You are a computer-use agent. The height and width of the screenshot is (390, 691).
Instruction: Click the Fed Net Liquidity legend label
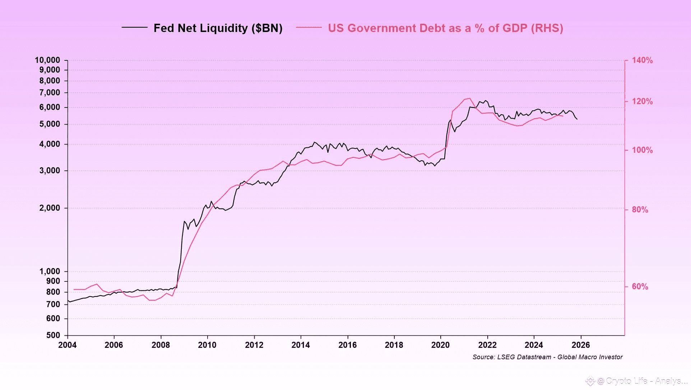[218, 28]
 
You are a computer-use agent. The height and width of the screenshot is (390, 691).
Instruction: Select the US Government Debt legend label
[445, 28]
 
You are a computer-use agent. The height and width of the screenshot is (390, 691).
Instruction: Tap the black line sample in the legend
[135, 27]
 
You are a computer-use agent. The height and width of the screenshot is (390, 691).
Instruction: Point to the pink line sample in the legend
[309, 27]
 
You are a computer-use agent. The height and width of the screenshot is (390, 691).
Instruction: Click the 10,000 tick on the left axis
[47, 60]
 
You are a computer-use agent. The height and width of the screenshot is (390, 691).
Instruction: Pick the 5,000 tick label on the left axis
[50, 124]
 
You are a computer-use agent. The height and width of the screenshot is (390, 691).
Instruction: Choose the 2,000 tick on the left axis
[50, 208]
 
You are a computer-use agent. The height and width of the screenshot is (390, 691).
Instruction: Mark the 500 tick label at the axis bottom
[53, 335]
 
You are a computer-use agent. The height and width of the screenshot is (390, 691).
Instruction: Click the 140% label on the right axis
[642, 60]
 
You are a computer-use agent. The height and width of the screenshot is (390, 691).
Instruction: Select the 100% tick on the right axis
[642, 150]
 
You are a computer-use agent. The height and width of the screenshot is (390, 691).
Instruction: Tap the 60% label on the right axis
[640, 286]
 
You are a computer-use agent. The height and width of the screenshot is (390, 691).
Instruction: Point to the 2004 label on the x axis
[68, 345]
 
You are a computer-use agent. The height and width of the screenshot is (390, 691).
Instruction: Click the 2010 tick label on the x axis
[207, 345]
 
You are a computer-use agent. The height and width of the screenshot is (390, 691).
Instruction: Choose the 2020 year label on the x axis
[440, 345]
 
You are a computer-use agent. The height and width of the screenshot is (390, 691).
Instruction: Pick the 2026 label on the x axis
[580, 345]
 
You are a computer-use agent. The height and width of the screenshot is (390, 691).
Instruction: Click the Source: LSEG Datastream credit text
[547, 357]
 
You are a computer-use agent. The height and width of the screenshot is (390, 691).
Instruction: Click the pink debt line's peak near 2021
[470, 98]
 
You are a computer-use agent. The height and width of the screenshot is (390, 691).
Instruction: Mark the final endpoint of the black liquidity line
[577, 119]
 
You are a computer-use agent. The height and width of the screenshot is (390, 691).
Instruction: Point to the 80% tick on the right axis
[640, 210]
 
